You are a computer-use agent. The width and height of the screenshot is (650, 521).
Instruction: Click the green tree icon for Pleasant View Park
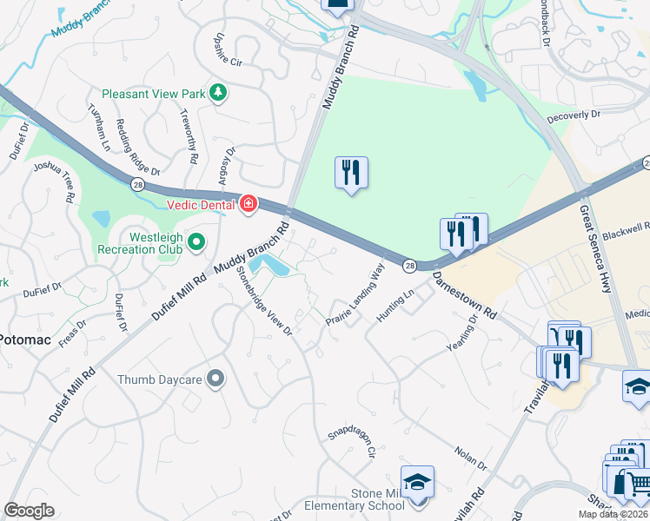pyautogui.click(x=219, y=92)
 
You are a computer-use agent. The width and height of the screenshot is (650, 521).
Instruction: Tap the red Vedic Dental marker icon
pyautogui.click(x=249, y=203)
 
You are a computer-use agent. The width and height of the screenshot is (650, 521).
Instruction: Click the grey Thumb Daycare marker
pyautogui.click(x=216, y=378)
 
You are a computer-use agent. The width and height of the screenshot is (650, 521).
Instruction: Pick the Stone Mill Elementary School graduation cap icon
pyautogui.click(x=417, y=481)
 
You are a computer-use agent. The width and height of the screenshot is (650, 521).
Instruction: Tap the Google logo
pyautogui.click(x=29, y=511)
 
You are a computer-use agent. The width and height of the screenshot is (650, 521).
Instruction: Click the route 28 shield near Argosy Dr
pyautogui.click(x=137, y=184)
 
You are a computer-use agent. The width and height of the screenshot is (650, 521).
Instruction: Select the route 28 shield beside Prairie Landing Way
pyautogui.click(x=409, y=266)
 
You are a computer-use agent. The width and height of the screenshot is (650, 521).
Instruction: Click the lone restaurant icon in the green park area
pyautogui.click(x=351, y=172)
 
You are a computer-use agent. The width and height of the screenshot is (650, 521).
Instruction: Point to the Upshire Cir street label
pyautogui.click(x=221, y=52)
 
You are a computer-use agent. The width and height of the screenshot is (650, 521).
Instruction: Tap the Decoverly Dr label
pyautogui.click(x=574, y=115)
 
